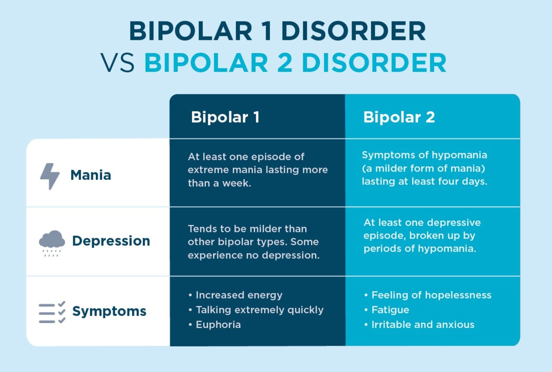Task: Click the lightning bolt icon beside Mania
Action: tap(50, 176)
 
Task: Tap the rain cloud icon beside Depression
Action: tap(52, 242)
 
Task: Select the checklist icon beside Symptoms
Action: tap(52, 312)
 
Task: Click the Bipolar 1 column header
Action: tap(225, 117)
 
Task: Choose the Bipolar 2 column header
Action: tap(399, 117)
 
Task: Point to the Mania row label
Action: tap(90, 175)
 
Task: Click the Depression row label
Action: tap(111, 241)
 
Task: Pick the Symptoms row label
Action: tap(109, 312)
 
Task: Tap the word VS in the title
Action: tap(118, 63)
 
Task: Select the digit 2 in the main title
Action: tap(284, 63)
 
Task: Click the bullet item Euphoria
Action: tap(218, 325)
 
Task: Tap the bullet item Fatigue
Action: tap(390, 310)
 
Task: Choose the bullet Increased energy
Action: tap(239, 295)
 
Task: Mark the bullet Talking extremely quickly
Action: tap(259, 310)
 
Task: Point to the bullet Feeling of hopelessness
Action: tap(431, 295)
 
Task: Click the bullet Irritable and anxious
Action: tap(422, 325)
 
